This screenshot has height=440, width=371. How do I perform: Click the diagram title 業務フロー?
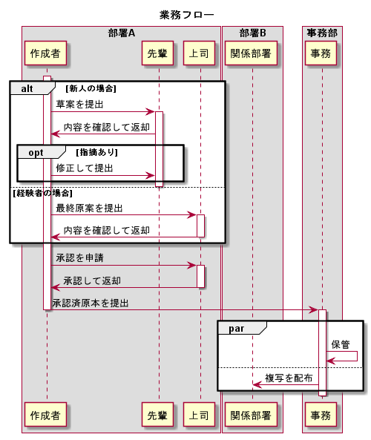(x=186, y=15)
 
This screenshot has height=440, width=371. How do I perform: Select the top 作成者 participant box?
(x=46, y=53)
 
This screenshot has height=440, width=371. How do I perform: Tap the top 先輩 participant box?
(x=158, y=53)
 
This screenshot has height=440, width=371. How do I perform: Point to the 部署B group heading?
(x=252, y=33)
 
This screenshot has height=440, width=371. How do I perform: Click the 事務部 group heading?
(x=321, y=33)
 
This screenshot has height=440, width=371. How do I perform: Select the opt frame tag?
(x=36, y=152)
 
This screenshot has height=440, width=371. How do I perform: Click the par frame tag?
(x=237, y=328)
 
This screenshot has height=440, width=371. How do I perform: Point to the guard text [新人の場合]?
(x=91, y=88)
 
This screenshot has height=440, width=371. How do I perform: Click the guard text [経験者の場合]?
(x=42, y=193)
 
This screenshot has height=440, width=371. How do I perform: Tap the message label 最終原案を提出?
(x=89, y=208)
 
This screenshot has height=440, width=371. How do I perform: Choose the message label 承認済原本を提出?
(x=91, y=303)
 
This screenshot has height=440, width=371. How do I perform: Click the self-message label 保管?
(x=341, y=344)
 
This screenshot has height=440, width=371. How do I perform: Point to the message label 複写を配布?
(x=289, y=377)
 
